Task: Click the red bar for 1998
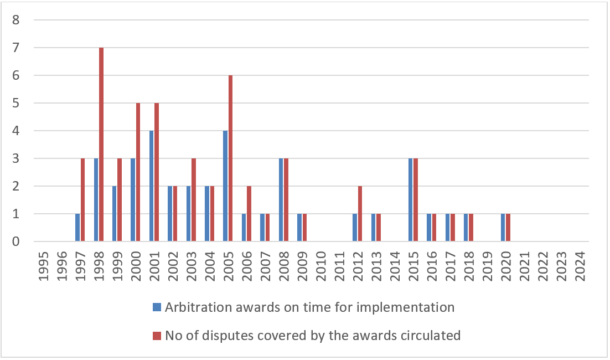[101, 145]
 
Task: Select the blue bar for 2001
[151, 186]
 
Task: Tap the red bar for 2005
[230, 158]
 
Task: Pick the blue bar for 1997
[77, 227]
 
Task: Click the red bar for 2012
[360, 214]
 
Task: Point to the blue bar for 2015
[410, 199]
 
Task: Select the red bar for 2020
[508, 227]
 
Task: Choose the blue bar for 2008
[281, 199]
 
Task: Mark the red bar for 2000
[138, 172]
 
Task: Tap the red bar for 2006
[249, 214]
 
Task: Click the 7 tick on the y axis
[16, 48]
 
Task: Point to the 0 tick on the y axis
[16, 241]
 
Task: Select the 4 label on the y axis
[16, 131]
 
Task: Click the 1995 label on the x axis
[43, 266]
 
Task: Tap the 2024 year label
[580, 266]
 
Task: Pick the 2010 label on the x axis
[321, 266]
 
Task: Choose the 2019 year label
[488, 266]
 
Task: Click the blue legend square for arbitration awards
[157, 307]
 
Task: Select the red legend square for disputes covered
[157, 336]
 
